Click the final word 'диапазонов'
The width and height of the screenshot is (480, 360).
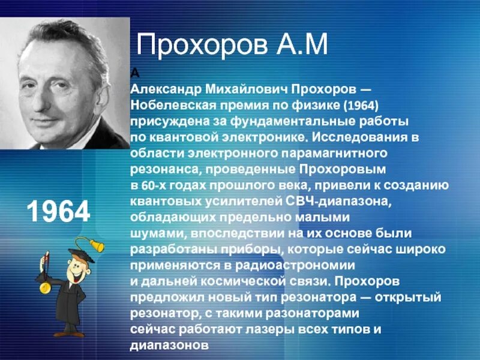point(169,346)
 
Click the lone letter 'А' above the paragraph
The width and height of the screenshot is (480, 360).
point(134,73)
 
